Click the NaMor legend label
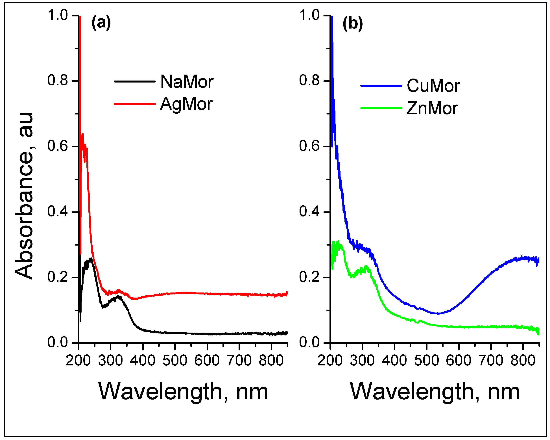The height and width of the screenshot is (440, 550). coord(187,82)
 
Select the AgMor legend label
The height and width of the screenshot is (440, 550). coord(186,104)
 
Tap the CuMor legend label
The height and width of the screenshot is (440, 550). coord(433,86)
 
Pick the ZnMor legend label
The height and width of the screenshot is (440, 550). coord(432,108)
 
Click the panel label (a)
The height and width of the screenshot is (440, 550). coord(101,23)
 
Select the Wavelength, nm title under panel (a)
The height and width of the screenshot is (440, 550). coord(183,392)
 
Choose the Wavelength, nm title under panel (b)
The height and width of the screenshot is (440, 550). coord(435,392)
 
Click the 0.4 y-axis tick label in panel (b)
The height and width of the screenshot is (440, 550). coord(309,212)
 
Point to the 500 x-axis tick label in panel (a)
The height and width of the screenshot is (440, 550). coord(175,360)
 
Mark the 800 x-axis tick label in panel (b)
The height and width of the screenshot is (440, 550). coord(523,360)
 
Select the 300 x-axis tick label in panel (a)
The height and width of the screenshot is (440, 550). coord(110,360)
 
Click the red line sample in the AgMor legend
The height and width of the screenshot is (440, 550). coord(134,104)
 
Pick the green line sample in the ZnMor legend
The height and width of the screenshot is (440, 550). coord(381,108)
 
